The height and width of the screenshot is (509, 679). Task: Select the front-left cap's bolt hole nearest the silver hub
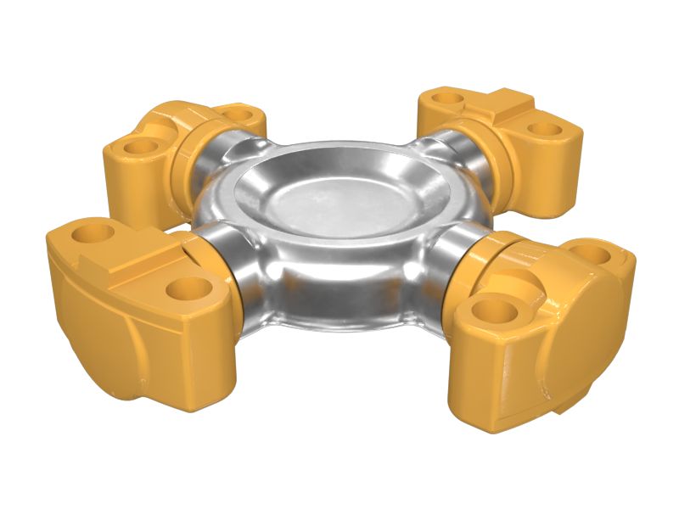coord(188,289)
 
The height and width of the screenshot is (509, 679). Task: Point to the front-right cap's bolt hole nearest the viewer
coord(490,310)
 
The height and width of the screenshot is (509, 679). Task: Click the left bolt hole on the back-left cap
coord(141,147)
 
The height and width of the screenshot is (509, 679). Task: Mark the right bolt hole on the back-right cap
coord(542,131)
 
